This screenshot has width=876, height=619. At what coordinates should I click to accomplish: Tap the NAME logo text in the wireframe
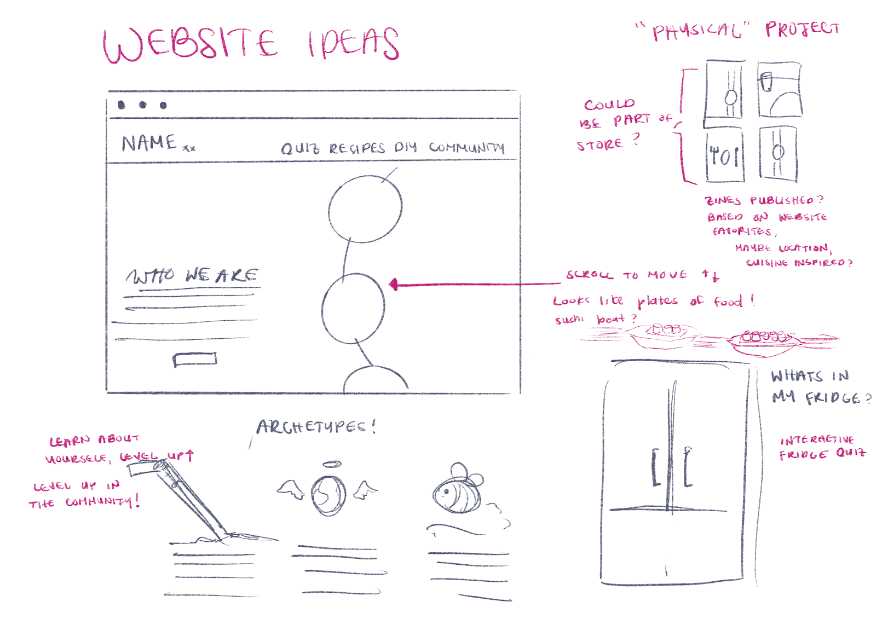(x=149, y=143)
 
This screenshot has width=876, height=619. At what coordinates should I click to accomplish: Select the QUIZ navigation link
(x=299, y=148)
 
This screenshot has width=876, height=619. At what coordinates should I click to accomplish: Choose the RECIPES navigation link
(x=357, y=148)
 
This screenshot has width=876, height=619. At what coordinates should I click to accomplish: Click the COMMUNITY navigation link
(x=466, y=147)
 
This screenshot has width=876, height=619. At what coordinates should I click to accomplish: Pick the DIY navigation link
(x=406, y=147)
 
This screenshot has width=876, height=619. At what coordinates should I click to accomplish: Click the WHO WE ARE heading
(x=192, y=276)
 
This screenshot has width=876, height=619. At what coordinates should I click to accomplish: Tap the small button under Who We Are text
(x=195, y=360)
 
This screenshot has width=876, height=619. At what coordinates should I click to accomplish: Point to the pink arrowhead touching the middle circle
(x=393, y=284)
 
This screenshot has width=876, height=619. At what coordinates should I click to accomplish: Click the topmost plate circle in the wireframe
(x=365, y=209)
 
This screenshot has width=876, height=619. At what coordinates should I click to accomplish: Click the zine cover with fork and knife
(x=724, y=157)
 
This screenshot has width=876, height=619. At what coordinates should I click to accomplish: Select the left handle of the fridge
(x=655, y=467)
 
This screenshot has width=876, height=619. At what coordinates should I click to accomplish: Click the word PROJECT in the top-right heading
(x=802, y=29)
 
